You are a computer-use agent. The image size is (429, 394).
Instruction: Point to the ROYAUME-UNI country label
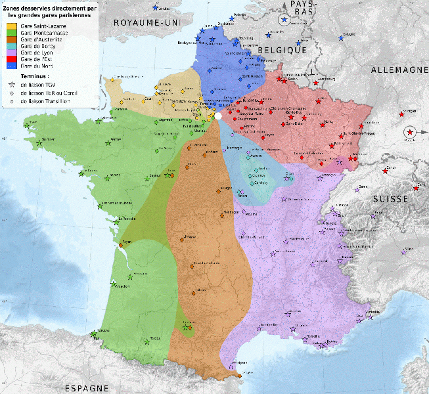(x=147, y=22)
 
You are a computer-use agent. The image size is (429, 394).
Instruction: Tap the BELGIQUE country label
(x=282, y=50)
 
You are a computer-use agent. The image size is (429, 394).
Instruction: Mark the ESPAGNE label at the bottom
(x=86, y=388)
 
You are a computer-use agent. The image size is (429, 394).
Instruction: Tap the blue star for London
(x=155, y=7)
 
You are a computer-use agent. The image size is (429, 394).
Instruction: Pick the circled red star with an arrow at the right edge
(x=410, y=133)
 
